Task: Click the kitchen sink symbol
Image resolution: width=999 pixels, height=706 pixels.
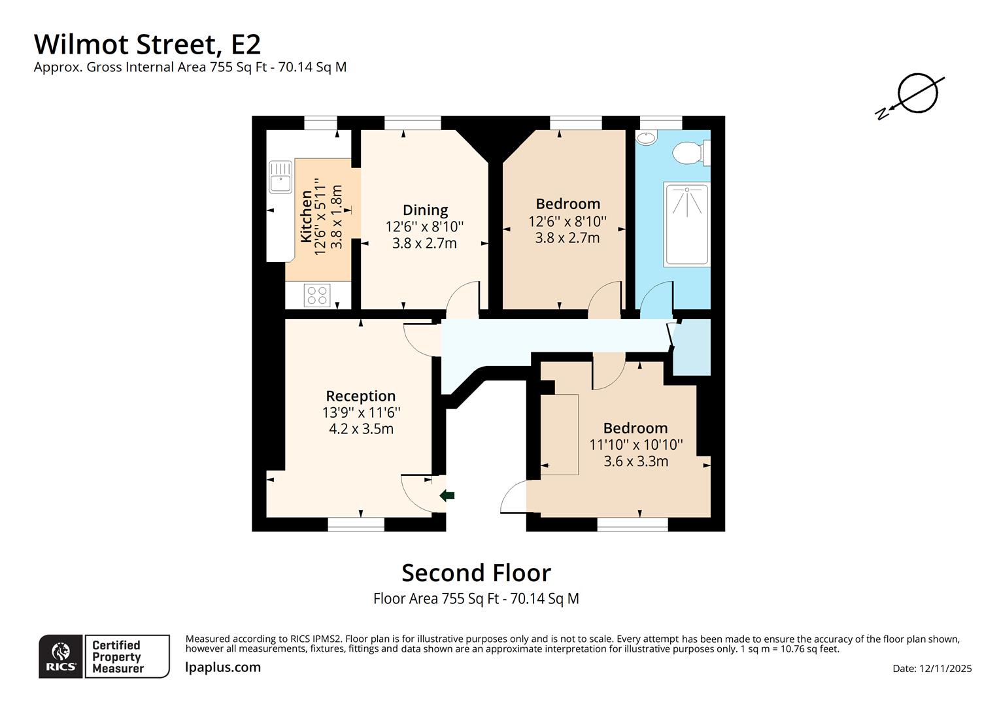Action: pos(280,176)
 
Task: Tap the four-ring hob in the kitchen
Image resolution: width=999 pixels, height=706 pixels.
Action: pos(317,295)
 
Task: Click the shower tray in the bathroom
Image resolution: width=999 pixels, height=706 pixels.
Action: pos(686,224)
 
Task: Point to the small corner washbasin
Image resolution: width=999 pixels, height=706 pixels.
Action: pos(646,139)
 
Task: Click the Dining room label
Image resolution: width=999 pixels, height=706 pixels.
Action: pos(425,210)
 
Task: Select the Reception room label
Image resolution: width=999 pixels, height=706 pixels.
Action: pos(360,396)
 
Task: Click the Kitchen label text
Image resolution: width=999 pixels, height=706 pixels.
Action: pos(306,216)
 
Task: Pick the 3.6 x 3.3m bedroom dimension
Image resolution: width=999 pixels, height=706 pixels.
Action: pos(635,462)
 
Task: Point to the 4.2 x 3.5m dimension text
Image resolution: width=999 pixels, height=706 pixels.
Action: pos(361,429)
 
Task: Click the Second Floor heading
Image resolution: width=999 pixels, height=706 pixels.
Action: pos(476,573)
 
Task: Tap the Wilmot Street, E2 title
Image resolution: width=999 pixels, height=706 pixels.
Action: pos(147,44)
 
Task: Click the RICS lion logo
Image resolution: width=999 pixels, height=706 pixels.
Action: pos(61,656)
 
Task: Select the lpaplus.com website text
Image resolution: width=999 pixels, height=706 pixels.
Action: pos(223,667)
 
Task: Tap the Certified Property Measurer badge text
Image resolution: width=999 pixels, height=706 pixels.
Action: pos(118,656)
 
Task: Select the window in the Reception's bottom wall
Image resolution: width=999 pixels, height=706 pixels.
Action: pos(356,524)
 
